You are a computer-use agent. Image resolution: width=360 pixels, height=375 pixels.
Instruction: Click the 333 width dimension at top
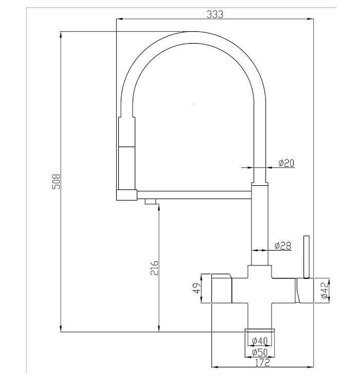pyautogui.click(x=214, y=14)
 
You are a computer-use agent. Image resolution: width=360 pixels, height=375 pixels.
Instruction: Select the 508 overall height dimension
pyautogui.click(x=57, y=182)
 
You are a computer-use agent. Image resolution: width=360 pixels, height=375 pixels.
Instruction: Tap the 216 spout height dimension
pyautogui.click(x=155, y=268)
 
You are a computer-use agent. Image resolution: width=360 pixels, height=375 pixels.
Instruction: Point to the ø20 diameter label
pyautogui.click(x=286, y=163)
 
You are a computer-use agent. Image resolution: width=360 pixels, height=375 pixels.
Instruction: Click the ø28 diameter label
pyautogui.click(x=283, y=246)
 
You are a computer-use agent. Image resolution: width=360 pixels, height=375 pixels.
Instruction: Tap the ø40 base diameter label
pyautogui.click(x=260, y=341)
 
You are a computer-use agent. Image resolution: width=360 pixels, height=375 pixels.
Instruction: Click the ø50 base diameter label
pyautogui.click(x=260, y=352)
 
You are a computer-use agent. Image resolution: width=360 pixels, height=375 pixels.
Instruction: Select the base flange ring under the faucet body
pyautogui.click(x=260, y=329)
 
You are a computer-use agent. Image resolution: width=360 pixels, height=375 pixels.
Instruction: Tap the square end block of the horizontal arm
pyautogui.click(x=127, y=194)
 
